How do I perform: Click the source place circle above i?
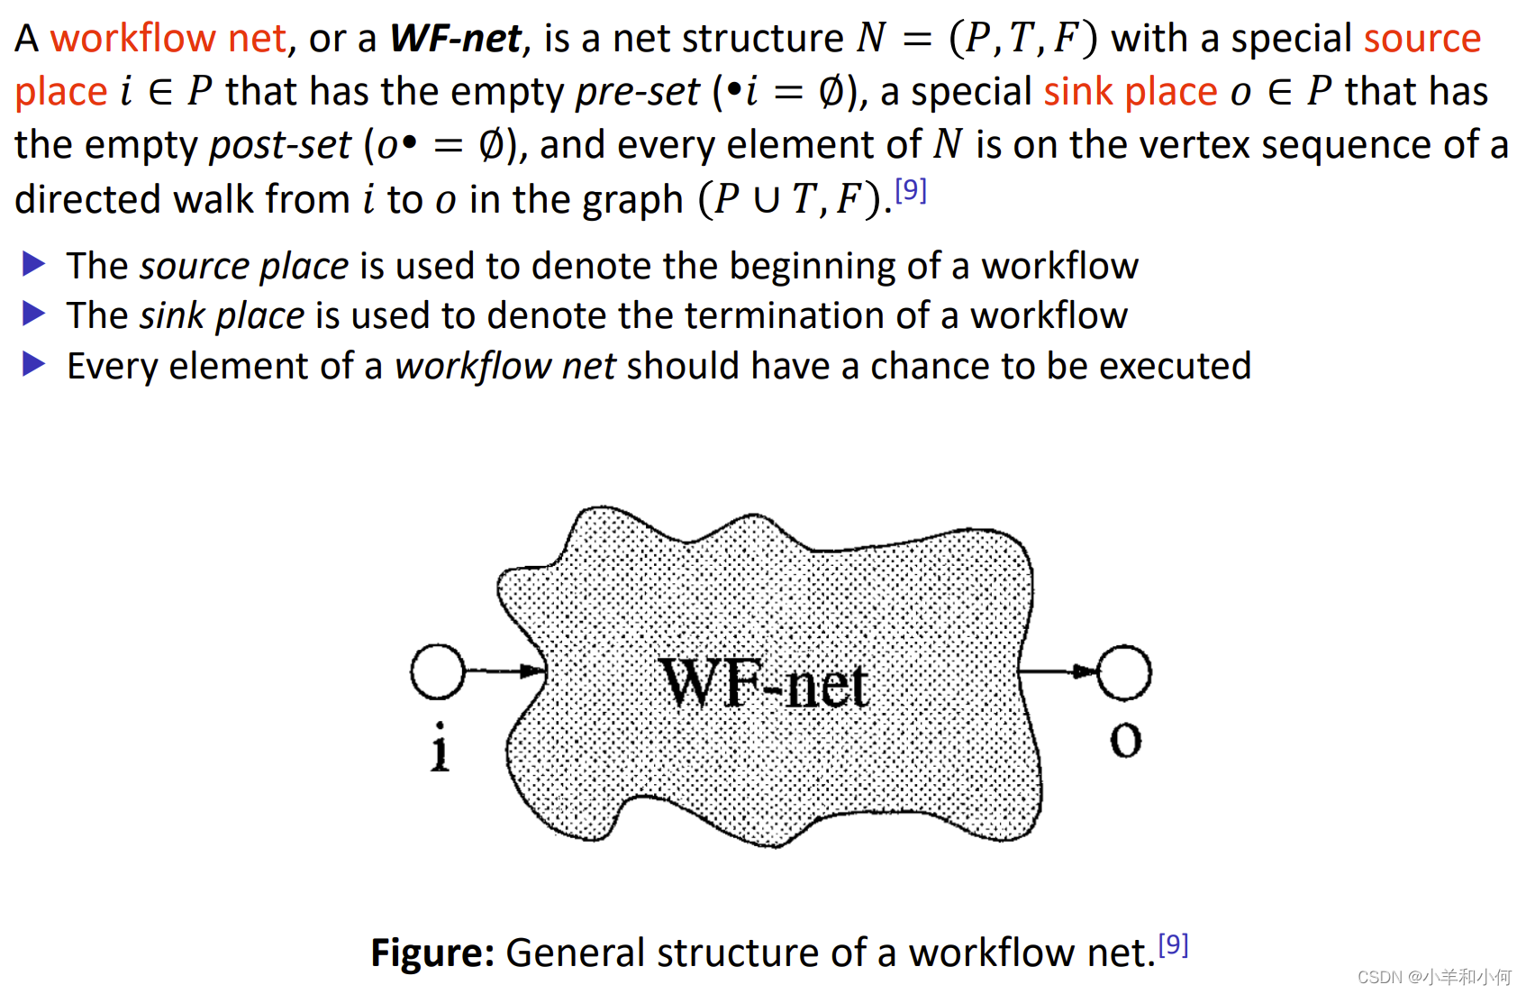(438, 671)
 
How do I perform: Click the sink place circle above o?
(1123, 672)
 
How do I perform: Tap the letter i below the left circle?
(440, 747)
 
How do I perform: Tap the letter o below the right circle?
(1125, 740)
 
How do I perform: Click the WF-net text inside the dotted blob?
(764, 684)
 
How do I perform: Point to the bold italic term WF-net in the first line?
(456, 39)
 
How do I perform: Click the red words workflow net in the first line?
(168, 39)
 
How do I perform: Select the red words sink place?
(1131, 92)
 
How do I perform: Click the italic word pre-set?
(637, 92)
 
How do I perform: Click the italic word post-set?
(279, 145)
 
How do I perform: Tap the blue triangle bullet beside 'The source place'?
(34, 264)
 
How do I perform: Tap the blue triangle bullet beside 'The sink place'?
(34, 314)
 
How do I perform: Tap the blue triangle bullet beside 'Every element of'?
(34, 364)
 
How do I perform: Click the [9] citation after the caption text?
(1173, 944)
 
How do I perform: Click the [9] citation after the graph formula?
(911, 190)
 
